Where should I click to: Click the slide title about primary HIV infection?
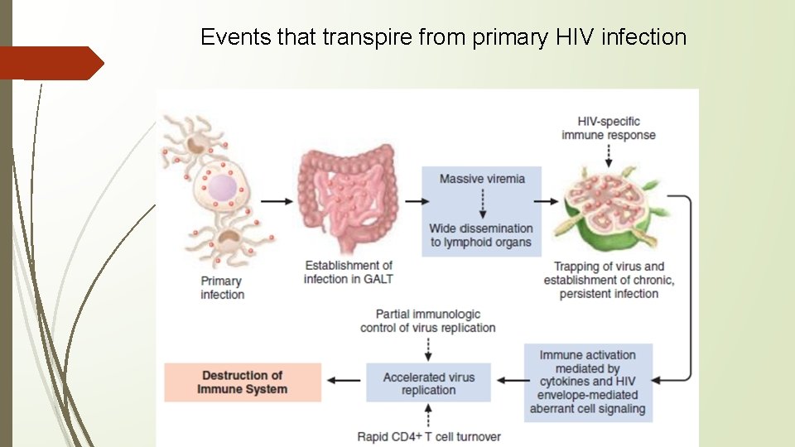click(443, 37)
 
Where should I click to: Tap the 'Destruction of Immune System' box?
click(243, 382)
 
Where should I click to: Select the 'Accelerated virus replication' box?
click(428, 382)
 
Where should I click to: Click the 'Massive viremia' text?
click(482, 179)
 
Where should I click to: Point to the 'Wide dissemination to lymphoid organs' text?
click(481, 235)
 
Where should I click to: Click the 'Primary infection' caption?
click(222, 288)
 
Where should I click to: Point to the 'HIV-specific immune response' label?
click(609, 128)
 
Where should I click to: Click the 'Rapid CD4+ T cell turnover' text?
click(429, 436)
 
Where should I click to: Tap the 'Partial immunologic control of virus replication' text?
click(428, 321)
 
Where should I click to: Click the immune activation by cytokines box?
click(588, 382)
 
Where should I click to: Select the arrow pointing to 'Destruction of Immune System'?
click(344, 382)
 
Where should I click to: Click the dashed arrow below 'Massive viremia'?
click(482, 204)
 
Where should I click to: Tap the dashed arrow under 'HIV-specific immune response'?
click(609, 154)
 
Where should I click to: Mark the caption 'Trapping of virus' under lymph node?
click(609, 280)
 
